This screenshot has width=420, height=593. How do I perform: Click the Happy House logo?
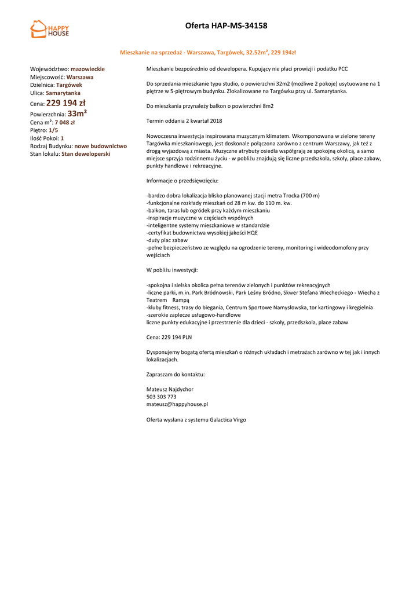coord(49,29)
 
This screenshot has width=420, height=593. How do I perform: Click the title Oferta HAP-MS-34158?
coord(226,25)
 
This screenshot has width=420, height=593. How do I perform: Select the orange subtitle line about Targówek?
coord(207,52)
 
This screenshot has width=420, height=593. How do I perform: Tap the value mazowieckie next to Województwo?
coord(87,69)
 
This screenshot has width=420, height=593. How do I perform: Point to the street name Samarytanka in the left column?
coord(63,93)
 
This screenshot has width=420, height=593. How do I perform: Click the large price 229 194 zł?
coord(65,103)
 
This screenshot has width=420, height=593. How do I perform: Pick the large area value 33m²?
coord(77,114)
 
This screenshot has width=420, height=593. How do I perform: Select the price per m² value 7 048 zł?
coord(64,122)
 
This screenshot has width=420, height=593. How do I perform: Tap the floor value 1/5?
coord(53,130)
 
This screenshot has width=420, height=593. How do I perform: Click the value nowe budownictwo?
coord(100,146)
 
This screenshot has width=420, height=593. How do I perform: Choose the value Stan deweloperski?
coord(86,154)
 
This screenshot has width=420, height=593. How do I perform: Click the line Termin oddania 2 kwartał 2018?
coord(184,121)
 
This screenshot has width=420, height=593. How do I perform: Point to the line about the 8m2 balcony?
coord(210,107)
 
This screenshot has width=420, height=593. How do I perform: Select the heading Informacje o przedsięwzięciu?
coord(182,181)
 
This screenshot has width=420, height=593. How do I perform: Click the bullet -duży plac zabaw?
coord(167,240)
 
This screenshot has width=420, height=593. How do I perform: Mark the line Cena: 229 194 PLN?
coord(169,337)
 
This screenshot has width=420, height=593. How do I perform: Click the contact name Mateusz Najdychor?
coord(170,389)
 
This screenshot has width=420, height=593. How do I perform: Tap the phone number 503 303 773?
coord(161,397)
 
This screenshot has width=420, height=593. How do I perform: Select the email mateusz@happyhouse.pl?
coord(177,404)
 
